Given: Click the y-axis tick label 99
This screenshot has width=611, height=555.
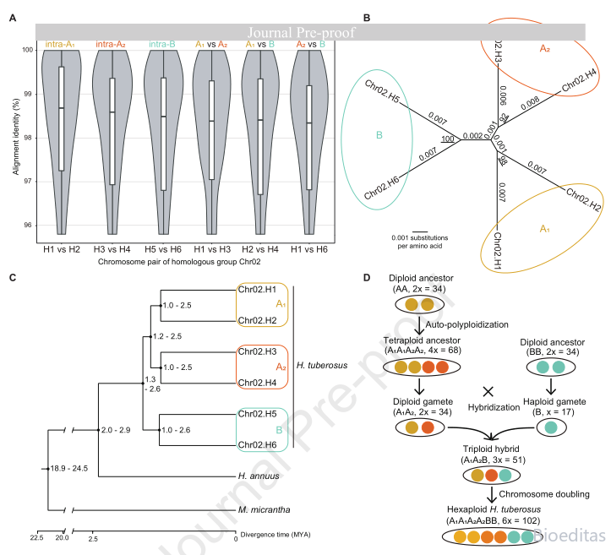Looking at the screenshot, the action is (28, 95).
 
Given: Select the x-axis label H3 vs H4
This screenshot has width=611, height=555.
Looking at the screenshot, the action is (112, 249).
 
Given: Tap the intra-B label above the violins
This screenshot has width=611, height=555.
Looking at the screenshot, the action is (162, 45).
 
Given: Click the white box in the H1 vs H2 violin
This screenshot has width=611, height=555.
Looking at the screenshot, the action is (61, 119).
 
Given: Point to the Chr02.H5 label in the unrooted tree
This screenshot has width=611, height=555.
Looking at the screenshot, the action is (382, 91).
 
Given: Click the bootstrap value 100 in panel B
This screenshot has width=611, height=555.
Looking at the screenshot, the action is (448, 139).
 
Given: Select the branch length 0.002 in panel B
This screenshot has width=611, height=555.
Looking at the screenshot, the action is (472, 135).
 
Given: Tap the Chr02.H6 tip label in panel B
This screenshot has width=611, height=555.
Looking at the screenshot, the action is (381, 188).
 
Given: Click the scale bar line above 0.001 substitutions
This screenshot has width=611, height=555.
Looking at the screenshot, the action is (420, 231).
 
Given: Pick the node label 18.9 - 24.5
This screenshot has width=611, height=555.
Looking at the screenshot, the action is (69, 469).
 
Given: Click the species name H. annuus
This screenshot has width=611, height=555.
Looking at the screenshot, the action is (259, 476).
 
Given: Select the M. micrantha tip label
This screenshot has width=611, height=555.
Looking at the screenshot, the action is (265, 510).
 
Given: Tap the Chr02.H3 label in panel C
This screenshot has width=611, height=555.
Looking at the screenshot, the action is (257, 351).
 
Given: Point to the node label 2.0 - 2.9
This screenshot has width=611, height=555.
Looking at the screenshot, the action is (116, 430).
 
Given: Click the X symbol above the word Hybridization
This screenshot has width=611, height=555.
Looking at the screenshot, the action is (488, 391).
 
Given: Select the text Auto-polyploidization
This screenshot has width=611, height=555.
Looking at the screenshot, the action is (466, 324).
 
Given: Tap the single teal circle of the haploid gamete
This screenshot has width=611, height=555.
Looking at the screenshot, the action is (551, 427).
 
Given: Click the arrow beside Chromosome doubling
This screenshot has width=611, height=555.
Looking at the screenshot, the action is (492, 495).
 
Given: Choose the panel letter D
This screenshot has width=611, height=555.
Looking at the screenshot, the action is (366, 278).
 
